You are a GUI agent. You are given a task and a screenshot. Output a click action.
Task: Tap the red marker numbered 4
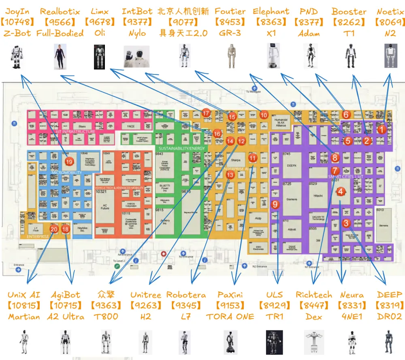pyautogui.click(x=341, y=192)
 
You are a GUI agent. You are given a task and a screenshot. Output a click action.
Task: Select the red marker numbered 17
pyautogui.click(x=207, y=113)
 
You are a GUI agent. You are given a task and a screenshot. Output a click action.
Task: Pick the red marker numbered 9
pyautogui.click(x=275, y=204)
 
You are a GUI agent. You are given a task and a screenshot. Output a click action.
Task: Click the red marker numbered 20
pyautogui.click(x=54, y=229)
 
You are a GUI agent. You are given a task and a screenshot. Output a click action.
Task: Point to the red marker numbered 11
pyautogui.click(x=253, y=158)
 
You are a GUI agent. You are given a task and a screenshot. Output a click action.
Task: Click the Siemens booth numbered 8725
pyautogui.click(x=292, y=198)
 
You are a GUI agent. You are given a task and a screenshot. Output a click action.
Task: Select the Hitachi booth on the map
pyautogui.click(x=318, y=196)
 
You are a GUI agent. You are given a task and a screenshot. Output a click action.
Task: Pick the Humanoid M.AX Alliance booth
pyautogui.click(x=281, y=123)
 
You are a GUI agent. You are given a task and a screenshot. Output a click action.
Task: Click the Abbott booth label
pyautogui.click(x=291, y=229)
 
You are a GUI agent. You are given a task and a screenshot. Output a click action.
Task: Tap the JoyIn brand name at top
pyautogui.click(x=17, y=12)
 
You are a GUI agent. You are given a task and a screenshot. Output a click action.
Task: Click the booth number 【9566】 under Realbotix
pyautogui.click(x=60, y=22)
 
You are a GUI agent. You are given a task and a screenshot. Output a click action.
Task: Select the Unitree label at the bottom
pyautogui.click(x=146, y=294)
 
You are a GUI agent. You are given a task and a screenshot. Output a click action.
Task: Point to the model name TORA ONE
pyautogui.click(x=230, y=316)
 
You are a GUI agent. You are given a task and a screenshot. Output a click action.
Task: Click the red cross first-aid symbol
pyautogui.click(x=164, y=254)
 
